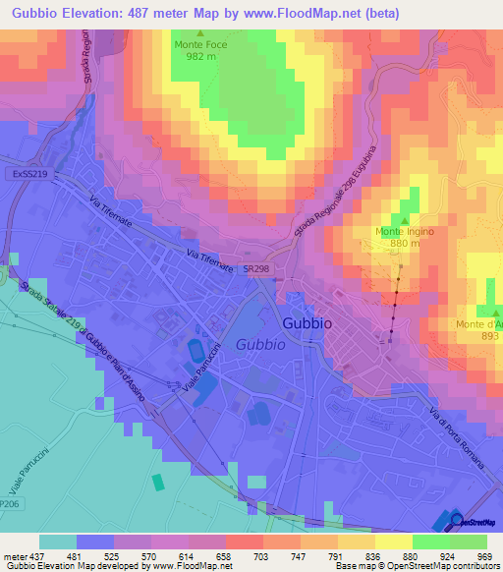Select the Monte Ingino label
click(404, 232)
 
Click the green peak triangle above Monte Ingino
click(404, 219)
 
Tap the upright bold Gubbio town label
click(307, 322)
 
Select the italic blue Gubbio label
click(260, 344)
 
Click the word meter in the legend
click(15, 555)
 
